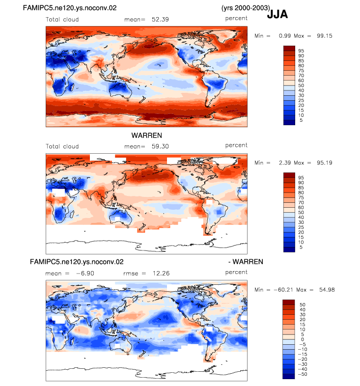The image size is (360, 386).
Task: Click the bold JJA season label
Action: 277,14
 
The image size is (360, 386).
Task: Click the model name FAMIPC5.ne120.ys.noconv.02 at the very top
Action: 70,8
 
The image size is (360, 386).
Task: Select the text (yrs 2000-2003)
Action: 246,8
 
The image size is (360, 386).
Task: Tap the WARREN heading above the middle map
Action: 146,136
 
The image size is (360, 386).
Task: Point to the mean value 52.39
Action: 160,20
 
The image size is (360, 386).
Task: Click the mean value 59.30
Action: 160,146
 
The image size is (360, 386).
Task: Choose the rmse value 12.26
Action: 161,274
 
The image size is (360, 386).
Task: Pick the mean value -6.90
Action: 85,274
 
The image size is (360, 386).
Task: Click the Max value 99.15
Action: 325,36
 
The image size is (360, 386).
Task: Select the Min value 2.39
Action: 285,163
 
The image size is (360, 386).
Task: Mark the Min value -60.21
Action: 283,290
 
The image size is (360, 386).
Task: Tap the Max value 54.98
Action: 327,290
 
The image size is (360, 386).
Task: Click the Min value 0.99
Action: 285,36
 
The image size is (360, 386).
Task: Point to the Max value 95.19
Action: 325,163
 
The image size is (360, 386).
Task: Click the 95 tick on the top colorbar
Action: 301,51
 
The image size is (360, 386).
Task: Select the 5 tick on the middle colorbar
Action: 301,247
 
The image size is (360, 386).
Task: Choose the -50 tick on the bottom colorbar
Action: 303,374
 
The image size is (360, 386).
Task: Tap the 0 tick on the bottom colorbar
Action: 303,339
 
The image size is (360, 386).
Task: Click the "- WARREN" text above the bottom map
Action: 246,262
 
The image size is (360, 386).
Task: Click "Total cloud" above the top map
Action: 62,20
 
